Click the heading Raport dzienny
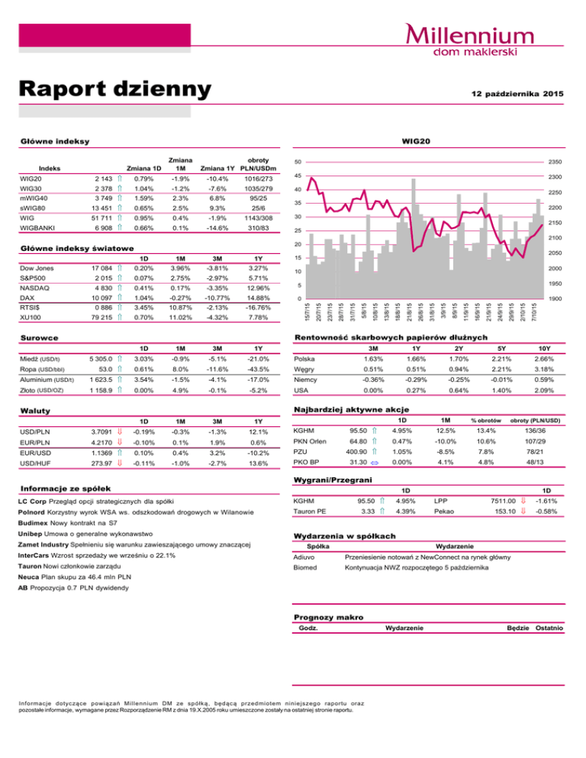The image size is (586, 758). click(114, 89)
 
